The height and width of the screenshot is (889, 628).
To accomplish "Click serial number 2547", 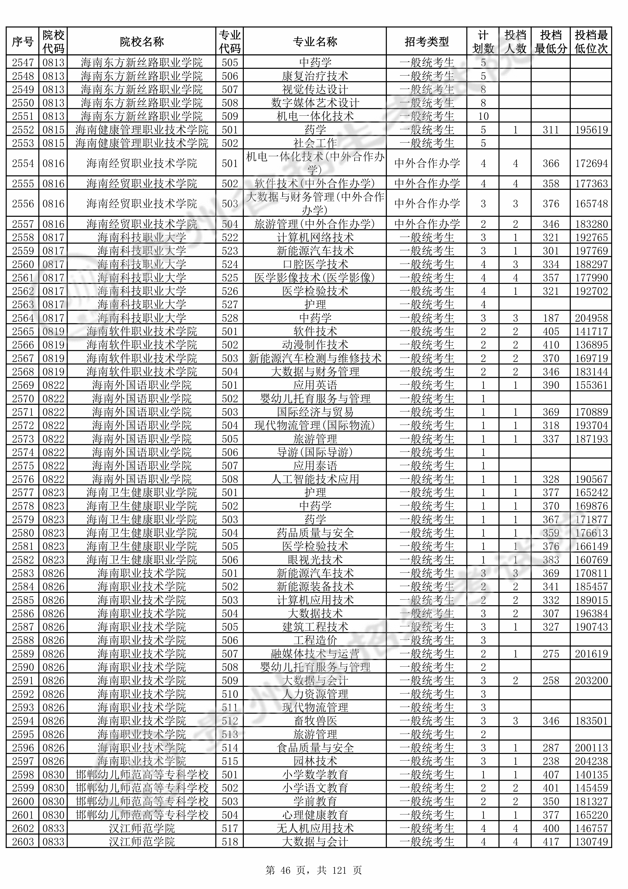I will coord(23,62).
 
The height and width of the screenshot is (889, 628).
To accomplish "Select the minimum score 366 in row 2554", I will coord(551,163).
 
